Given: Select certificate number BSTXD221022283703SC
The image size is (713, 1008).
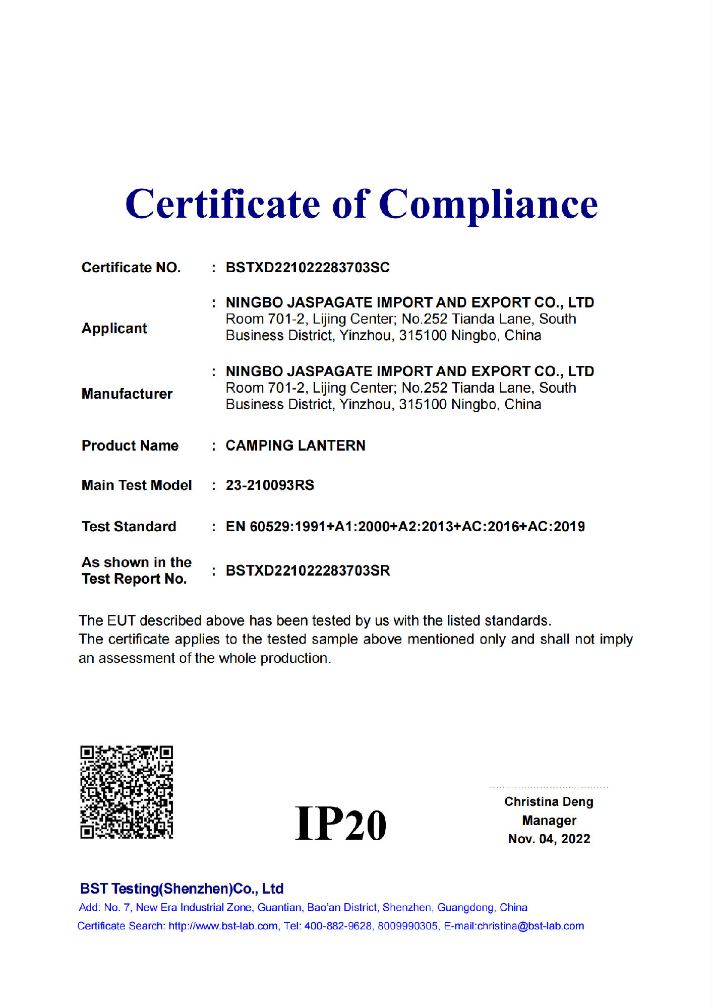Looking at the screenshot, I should [308, 268].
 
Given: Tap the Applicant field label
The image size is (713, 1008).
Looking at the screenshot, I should [114, 329].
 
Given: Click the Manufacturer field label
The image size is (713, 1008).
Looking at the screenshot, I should [127, 394].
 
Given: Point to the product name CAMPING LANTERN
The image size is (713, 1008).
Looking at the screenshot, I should [295, 446].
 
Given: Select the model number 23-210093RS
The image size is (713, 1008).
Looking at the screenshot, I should [270, 485].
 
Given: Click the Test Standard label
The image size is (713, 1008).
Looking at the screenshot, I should [129, 527].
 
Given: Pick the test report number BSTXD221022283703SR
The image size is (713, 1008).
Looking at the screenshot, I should [308, 571].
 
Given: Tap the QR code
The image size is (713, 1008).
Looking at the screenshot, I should [127, 792].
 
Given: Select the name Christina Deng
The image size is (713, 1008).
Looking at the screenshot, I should [549, 802].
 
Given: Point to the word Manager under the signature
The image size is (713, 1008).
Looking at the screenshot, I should [549, 821].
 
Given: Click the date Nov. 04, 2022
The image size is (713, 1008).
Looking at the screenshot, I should [549, 839].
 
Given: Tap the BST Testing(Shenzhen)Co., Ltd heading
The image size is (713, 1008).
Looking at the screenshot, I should [182, 889].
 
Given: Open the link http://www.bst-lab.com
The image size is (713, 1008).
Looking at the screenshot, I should [223, 926].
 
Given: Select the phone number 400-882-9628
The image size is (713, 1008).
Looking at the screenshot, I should [338, 926].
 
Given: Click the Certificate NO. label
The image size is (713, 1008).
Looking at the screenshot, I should [131, 268].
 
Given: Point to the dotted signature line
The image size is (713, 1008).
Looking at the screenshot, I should [549, 787].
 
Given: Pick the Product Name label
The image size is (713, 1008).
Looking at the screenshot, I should [130, 446].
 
